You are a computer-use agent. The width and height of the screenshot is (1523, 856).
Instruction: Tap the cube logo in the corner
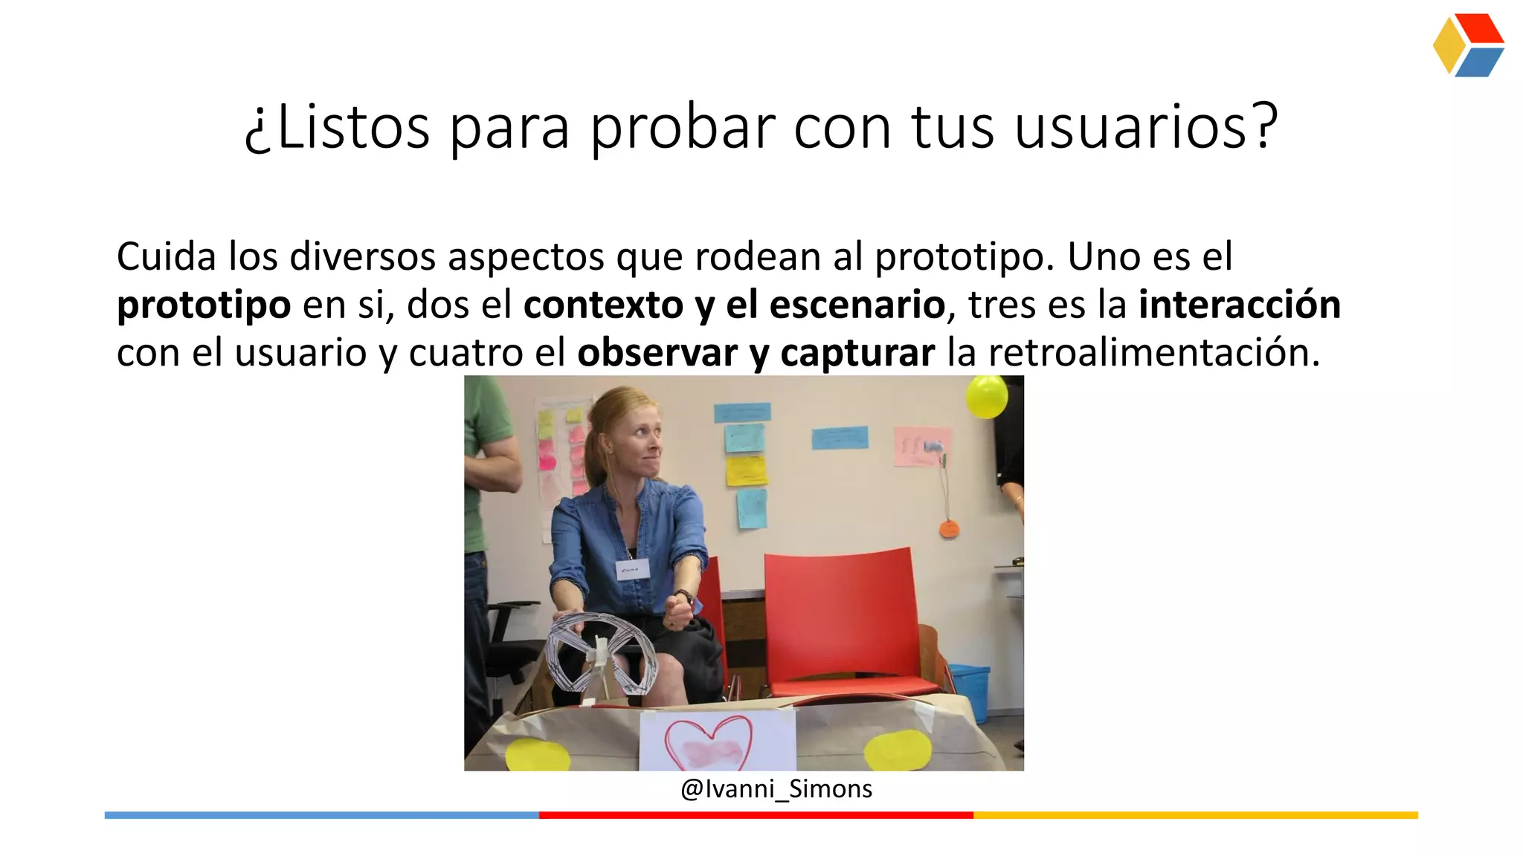[1468, 45]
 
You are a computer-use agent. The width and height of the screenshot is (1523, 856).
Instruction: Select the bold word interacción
[1239, 305]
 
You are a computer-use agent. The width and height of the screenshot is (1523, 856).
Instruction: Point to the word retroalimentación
[1153, 352]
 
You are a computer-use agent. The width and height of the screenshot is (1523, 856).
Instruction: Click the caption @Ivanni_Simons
[776, 789]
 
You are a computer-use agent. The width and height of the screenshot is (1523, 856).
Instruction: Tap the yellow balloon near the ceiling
[986, 397]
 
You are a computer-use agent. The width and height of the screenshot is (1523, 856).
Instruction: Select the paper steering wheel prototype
[601, 653]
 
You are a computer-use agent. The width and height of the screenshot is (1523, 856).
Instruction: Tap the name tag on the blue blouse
[632, 570]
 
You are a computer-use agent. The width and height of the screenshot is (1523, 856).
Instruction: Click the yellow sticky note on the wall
[746, 470]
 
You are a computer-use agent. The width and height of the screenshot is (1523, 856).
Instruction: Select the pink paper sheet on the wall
[922, 446]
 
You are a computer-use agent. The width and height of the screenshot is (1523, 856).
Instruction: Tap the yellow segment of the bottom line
[1195, 815]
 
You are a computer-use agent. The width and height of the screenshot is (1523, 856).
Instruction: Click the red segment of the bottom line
[756, 815]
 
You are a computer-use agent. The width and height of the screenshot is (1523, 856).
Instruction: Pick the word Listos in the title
[352, 128]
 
